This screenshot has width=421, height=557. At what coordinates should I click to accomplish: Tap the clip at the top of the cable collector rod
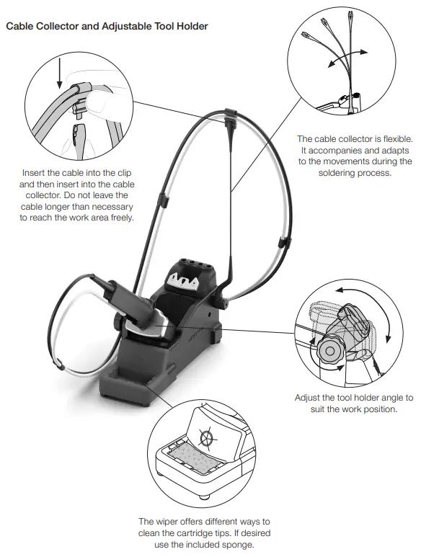click(229, 112)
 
